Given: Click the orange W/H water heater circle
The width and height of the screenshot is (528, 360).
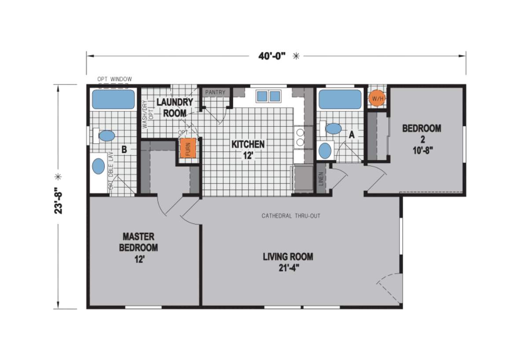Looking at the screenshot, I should (377, 98).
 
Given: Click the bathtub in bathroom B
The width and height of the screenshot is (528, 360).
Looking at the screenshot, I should (113, 99).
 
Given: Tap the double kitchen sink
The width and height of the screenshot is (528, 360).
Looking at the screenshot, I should (268, 96).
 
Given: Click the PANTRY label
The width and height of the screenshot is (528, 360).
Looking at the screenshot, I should (215, 92).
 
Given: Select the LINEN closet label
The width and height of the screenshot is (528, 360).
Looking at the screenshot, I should (321, 178).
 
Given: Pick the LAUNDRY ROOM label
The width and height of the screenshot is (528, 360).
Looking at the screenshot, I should (175, 107).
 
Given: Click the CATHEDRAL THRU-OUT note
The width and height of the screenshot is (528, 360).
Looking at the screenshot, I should (291, 216).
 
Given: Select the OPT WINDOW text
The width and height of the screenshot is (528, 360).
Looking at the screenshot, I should (114, 79).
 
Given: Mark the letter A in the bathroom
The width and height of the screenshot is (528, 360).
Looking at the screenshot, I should (352, 135).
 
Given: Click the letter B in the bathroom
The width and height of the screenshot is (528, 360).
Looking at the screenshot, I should (124, 150).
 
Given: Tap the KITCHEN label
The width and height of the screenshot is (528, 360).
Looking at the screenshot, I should (248, 149).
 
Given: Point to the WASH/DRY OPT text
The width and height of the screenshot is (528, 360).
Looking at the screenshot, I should (147, 114).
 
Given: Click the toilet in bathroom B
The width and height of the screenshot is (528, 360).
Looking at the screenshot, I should (106, 136).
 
